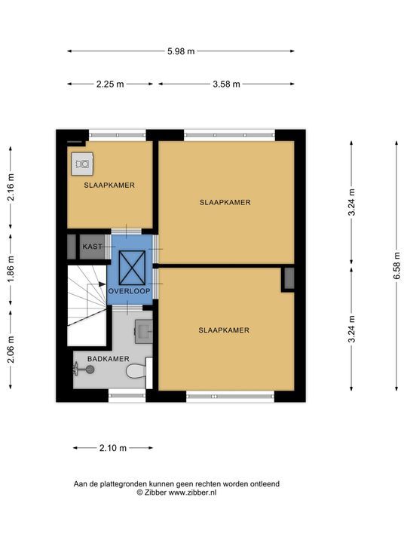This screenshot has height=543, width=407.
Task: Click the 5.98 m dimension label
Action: click(x=181, y=51)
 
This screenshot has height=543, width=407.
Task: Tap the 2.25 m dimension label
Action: click(x=110, y=84)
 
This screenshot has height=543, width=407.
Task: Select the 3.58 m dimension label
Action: click(x=226, y=84)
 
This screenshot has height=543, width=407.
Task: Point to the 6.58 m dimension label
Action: click(x=396, y=265)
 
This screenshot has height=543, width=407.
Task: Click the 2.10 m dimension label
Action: click(x=113, y=448)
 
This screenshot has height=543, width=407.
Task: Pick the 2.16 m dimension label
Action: click(x=11, y=187)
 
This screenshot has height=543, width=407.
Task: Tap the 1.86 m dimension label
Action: click(x=11, y=268)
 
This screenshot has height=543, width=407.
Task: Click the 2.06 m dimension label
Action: click(x=11, y=349)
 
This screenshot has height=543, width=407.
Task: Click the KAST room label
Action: click(x=93, y=247)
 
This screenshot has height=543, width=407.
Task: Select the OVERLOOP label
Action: click(x=130, y=291)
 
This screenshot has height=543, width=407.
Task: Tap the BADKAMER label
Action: click(x=109, y=359)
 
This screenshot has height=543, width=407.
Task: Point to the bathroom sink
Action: click(x=143, y=331)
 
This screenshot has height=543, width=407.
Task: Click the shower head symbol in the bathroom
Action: click(x=84, y=370)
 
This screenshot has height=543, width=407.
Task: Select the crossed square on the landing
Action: click(x=132, y=267)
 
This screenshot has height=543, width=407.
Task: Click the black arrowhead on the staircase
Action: click(x=103, y=284)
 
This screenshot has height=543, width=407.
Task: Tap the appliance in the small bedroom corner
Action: click(x=82, y=164)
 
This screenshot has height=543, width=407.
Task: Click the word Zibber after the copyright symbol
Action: click(x=156, y=492)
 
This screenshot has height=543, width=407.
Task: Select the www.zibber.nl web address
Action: click(x=192, y=492)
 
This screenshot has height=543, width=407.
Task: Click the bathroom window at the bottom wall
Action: click(x=127, y=395)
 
